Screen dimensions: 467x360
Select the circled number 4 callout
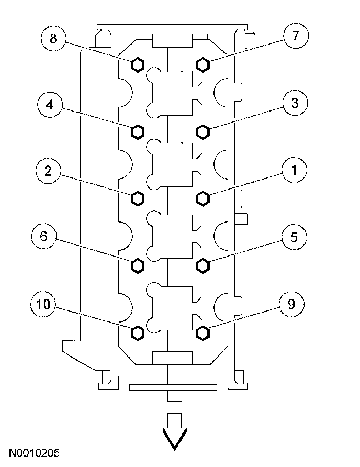[x=50, y=104]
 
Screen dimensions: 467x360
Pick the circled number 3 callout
[x=295, y=104]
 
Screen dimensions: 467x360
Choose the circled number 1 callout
[x=294, y=170]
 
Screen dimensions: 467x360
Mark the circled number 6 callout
[x=43, y=237]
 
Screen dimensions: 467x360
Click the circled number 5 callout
[x=294, y=237]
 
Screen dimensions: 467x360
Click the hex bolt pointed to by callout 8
[x=137, y=64]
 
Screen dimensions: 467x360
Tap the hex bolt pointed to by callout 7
[x=203, y=64]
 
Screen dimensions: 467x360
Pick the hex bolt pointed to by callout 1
[x=203, y=198]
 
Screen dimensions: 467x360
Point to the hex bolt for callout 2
[x=137, y=198]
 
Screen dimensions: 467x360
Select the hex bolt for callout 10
[x=137, y=332]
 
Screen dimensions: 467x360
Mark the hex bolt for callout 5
[x=203, y=266]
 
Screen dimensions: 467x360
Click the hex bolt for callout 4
[x=137, y=131]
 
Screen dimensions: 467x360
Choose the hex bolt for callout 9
[x=203, y=332]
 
